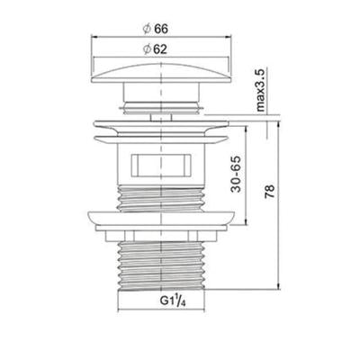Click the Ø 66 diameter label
tap(155, 29)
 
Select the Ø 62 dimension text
tap(155, 49)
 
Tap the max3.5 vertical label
tap(260, 90)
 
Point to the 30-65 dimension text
tap(236, 174)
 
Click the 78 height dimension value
tap(270, 192)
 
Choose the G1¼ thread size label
tap(173, 301)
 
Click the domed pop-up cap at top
tap(161, 73)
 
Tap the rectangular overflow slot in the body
tap(161, 165)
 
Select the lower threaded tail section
tap(162, 265)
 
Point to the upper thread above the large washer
tap(161, 199)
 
